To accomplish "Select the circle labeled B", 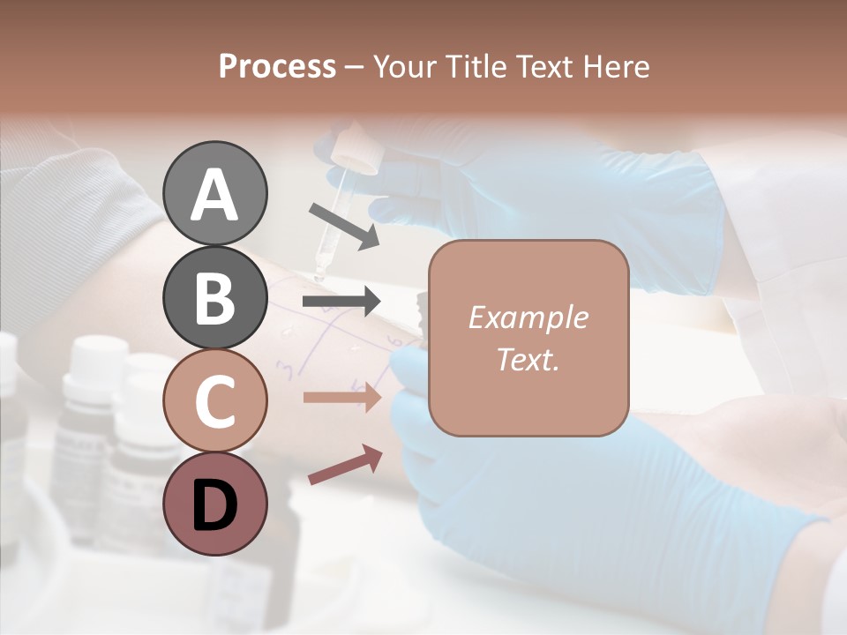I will click(x=214, y=298).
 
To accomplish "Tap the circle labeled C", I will click(x=214, y=401).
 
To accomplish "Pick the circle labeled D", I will click(x=214, y=504).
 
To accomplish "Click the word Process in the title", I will click(x=277, y=67).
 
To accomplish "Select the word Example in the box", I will click(x=528, y=317).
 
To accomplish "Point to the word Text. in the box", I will click(x=528, y=359).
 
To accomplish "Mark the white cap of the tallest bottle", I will click(x=93, y=357).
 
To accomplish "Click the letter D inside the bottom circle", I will click(x=214, y=506).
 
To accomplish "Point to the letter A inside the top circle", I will click(x=214, y=196).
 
